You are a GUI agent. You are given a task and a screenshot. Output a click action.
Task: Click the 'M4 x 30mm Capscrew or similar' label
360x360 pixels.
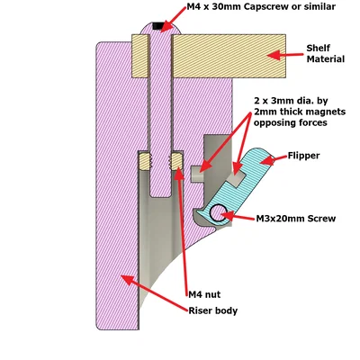[x=261, y=6]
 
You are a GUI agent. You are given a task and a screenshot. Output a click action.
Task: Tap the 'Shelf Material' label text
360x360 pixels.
[x=326, y=54]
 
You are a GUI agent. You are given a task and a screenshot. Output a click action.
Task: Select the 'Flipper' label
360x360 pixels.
[x=303, y=156]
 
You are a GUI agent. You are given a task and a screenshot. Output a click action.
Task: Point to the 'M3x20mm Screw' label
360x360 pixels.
[x=296, y=219]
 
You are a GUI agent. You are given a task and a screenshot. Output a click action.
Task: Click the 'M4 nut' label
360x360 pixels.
[x=204, y=294]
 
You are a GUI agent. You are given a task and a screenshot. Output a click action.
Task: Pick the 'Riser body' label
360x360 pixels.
[x=213, y=310]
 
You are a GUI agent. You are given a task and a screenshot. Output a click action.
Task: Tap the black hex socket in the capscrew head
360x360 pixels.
[x=158, y=26]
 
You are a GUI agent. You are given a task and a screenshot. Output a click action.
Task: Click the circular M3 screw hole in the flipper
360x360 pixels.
[x=219, y=212]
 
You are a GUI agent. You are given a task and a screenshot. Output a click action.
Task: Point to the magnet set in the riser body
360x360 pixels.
[x=197, y=174]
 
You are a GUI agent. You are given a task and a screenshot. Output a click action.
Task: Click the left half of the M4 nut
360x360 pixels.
[x=145, y=161]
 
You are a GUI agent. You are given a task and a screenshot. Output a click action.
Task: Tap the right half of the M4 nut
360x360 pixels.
[x=176, y=161]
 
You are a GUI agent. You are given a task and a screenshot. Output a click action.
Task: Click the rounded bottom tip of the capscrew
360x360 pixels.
[x=160, y=194]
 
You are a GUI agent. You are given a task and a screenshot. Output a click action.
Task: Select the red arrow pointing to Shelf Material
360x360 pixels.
[x=285, y=55]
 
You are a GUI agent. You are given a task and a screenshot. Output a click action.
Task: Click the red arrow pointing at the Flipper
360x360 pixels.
[x=273, y=160]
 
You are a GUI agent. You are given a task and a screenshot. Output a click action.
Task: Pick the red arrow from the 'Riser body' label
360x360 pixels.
[x=155, y=292]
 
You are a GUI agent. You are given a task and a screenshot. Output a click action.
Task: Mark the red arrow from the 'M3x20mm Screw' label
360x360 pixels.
[x=238, y=216]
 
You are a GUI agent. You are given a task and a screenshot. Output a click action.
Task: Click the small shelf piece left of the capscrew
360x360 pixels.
[x=140, y=56]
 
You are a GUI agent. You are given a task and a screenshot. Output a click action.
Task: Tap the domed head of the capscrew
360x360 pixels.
[x=160, y=29]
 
